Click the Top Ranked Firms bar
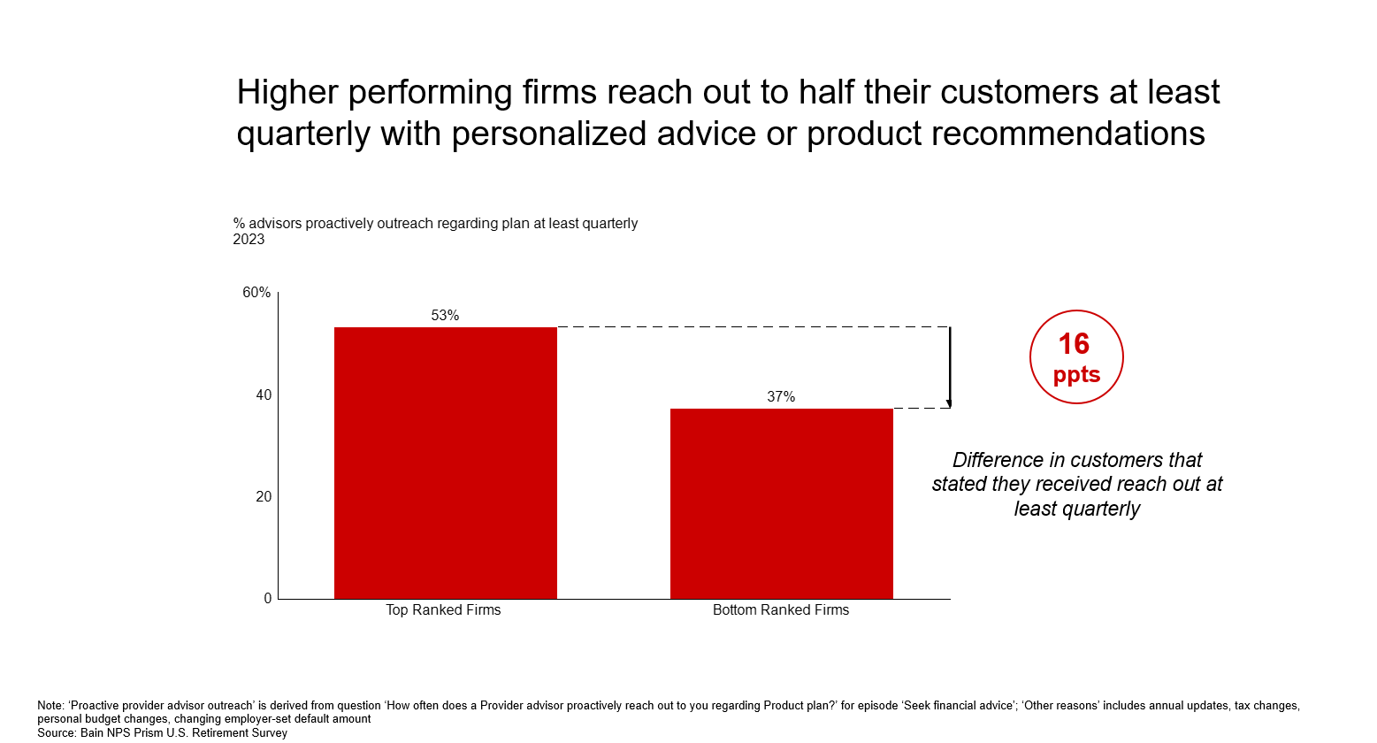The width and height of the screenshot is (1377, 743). (x=445, y=463)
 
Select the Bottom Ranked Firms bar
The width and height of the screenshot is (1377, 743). (x=781, y=503)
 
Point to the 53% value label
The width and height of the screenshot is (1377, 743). (x=445, y=316)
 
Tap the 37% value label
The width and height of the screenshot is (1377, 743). (x=781, y=397)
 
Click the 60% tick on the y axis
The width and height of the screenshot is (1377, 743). (x=256, y=293)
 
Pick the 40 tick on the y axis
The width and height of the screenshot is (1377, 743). (x=264, y=395)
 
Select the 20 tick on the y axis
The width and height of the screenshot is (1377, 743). (x=264, y=497)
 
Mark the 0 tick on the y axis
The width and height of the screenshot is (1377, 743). (x=268, y=599)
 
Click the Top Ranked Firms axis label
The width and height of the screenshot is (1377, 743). (x=443, y=610)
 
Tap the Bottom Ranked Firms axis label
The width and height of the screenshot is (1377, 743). (x=781, y=610)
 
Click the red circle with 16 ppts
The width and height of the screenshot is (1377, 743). (x=1076, y=357)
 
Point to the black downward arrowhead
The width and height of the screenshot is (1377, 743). (x=949, y=403)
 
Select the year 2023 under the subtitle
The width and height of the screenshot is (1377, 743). (x=249, y=240)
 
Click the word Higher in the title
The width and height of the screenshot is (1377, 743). (x=287, y=93)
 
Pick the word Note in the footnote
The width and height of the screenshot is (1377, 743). (x=50, y=706)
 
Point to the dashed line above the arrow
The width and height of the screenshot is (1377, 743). (x=752, y=327)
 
